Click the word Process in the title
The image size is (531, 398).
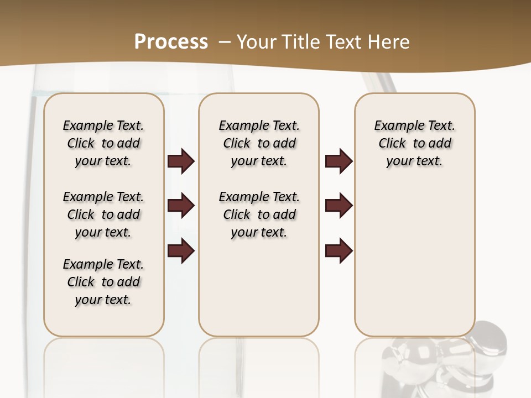click(171, 42)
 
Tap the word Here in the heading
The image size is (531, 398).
click(390, 42)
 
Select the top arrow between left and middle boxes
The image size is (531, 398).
click(181, 161)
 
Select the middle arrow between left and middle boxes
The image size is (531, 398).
click(181, 206)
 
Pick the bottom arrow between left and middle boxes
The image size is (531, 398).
click(181, 250)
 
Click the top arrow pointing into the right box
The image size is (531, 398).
click(339, 161)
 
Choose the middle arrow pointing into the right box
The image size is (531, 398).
click(339, 206)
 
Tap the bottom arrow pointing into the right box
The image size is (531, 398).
click(339, 250)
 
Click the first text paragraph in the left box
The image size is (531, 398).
click(103, 143)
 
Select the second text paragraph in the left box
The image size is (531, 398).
click(103, 214)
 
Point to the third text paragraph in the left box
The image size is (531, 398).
click(103, 282)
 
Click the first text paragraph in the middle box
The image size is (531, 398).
click(259, 143)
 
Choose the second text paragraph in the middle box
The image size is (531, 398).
click(259, 214)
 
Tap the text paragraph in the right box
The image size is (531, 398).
click(414, 143)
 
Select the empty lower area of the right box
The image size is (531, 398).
click(414, 260)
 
